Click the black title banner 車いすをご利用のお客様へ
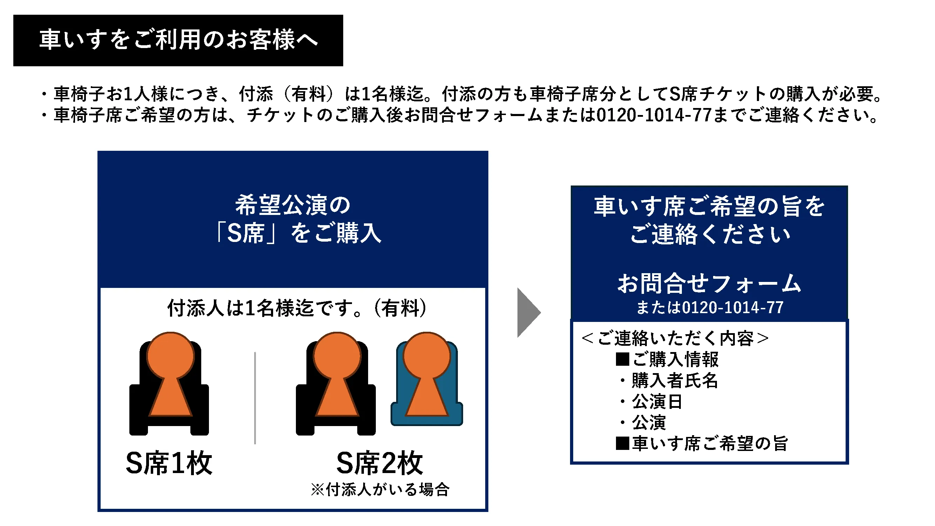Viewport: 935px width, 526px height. (178, 40)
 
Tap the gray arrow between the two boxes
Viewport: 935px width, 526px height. (528, 312)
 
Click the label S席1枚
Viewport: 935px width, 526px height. (169, 463)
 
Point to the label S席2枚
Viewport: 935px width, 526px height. (380, 463)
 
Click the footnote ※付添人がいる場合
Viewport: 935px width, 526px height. (380, 489)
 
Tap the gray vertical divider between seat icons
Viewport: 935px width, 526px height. (255, 398)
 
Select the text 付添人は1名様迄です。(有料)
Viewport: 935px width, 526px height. (297, 308)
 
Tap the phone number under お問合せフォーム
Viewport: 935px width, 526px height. (710, 308)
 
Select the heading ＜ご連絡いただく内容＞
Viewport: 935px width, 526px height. (675, 338)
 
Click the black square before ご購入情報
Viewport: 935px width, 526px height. (623, 359)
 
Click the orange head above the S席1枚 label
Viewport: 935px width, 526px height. (171, 355)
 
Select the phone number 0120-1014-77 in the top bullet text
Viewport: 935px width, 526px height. (654, 115)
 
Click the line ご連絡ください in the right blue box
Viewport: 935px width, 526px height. (710, 234)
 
